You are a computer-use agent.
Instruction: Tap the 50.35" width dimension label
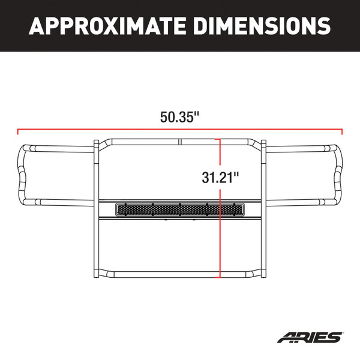click(x=179, y=117)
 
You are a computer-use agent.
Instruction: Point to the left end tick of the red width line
click(x=18, y=130)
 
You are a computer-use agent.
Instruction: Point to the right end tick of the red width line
click(x=342, y=130)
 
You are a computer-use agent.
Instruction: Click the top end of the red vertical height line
click(x=220, y=139)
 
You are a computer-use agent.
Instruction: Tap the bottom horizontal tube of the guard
click(x=179, y=275)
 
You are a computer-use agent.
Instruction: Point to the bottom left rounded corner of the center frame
click(x=104, y=272)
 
